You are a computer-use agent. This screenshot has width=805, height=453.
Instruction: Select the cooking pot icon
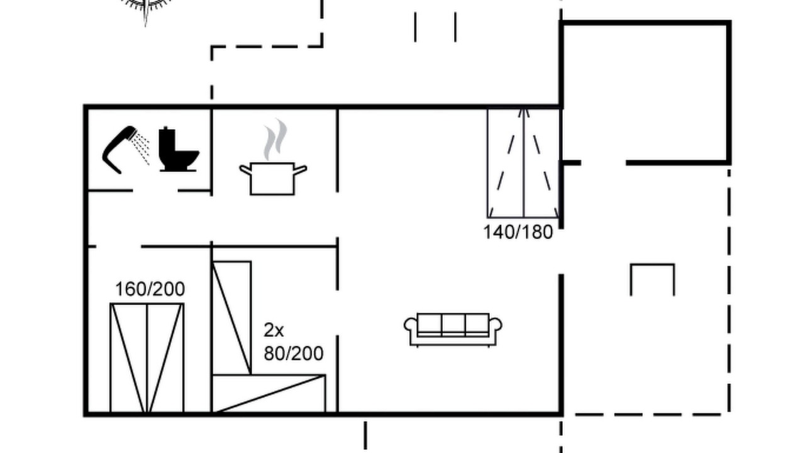[x=273, y=179]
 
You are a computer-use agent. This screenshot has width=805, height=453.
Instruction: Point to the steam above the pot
[x=275, y=139]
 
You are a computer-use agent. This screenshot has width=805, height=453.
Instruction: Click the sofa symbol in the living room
[x=453, y=330]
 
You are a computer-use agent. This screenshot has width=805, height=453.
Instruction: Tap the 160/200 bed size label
[x=150, y=289]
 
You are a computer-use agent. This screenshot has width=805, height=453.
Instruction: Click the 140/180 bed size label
[x=518, y=232]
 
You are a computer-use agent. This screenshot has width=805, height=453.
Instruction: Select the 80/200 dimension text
[x=294, y=354]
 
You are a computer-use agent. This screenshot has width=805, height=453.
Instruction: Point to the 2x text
[x=274, y=330]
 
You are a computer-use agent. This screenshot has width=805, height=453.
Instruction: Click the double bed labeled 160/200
[x=147, y=358]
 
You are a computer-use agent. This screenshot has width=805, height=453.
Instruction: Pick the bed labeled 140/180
[x=524, y=163]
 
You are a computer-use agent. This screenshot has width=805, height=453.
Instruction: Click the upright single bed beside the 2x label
[x=232, y=318]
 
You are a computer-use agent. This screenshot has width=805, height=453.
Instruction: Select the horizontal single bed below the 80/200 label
[x=269, y=394]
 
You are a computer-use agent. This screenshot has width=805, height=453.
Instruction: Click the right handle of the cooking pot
[x=301, y=169]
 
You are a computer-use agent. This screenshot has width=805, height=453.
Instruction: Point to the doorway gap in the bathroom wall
[x=155, y=191]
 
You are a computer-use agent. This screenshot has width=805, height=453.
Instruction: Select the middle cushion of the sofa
[x=453, y=325]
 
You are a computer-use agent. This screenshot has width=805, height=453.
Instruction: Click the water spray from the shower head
[x=141, y=148]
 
